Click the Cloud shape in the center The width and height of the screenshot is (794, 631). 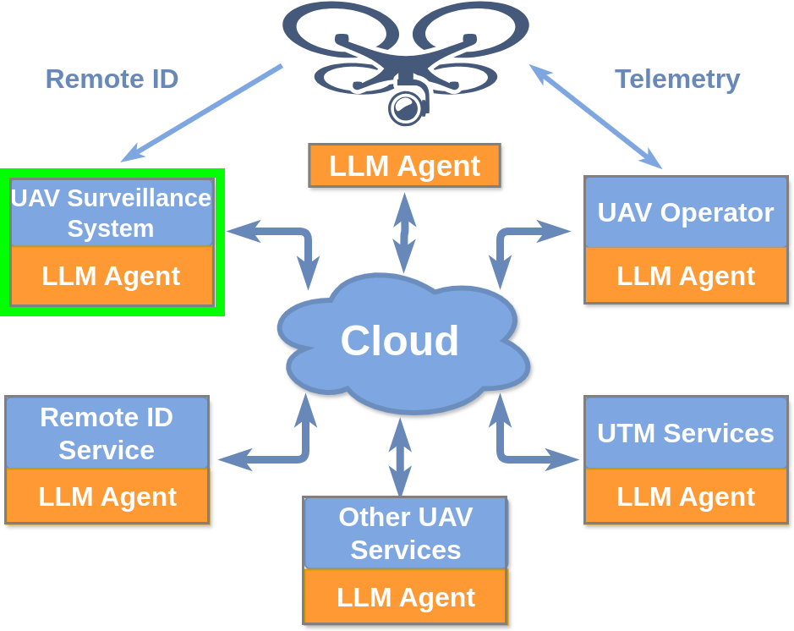[x=401, y=342]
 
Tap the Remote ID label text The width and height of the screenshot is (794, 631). [x=112, y=79]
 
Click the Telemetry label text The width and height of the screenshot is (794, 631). [x=676, y=79]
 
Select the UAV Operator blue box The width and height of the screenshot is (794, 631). [x=686, y=212]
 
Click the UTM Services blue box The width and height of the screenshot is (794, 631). [x=686, y=433]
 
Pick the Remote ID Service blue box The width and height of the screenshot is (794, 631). [x=107, y=433]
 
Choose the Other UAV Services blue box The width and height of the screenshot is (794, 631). [x=405, y=533]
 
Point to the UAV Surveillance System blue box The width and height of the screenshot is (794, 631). [x=111, y=212]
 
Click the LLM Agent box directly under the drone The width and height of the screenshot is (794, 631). [x=404, y=165]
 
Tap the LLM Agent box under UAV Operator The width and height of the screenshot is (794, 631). [x=686, y=276]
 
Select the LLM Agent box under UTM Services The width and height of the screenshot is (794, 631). [x=686, y=496]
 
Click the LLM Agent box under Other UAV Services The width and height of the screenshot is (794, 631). [x=405, y=596]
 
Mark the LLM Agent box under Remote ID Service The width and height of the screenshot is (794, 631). [x=107, y=496]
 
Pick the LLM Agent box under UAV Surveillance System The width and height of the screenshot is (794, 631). [x=111, y=276]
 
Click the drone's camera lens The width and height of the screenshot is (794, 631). [x=405, y=107]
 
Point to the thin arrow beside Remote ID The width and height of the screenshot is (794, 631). [x=201, y=112]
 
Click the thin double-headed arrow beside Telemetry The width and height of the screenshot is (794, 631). [x=595, y=116]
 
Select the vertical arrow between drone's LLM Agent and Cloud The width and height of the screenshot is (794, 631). [x=404, y=233]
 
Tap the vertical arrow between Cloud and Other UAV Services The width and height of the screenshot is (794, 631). [x=400, y=457]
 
